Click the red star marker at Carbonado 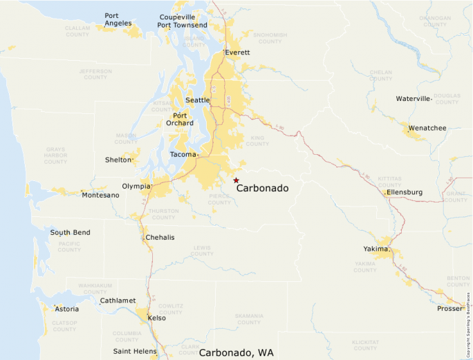point(236,180)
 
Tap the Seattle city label point(197,100)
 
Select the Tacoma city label point(183,154)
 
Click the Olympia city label point(136,187)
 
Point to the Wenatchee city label point(427,128)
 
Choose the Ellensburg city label point(405,191)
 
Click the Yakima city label point(376,249)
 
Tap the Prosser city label point(449,308)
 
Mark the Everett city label point(237,53)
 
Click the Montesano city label point(100,196)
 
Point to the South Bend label point(70,233)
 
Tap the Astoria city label point(66,309)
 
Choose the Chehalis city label point(160,238)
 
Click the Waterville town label point(413,99)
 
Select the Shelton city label point(118,160)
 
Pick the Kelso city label point(157,319)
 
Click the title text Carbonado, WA point(236,352)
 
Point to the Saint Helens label point(134,351)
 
